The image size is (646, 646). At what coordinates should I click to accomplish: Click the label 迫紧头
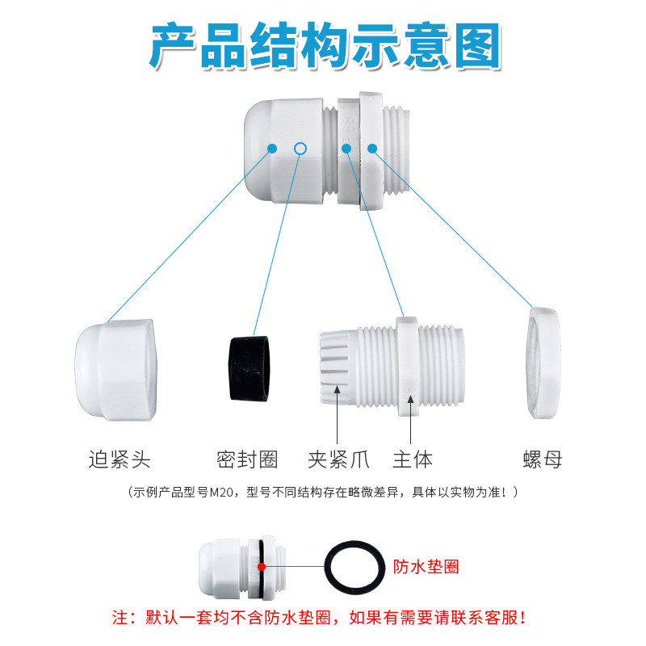coord(120,459)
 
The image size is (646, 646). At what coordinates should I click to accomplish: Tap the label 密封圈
coord(247,459)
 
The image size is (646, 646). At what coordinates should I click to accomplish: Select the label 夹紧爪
coord(338,459)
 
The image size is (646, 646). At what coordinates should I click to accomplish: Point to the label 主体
coord(413,459)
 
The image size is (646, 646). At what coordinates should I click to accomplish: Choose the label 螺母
coord(542,459)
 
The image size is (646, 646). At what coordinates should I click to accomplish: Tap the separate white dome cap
coord(115,369)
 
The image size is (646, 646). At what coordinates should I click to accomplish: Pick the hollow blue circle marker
coord(300,148)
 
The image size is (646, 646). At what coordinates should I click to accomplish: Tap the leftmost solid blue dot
coord(272,148)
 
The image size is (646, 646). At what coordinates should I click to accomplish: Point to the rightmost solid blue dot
coord(372,148)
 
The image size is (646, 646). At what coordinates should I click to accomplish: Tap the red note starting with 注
coord(323,619)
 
